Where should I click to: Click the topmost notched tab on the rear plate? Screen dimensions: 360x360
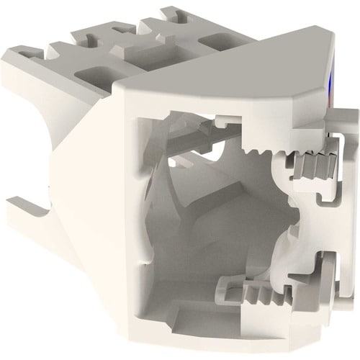169,14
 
